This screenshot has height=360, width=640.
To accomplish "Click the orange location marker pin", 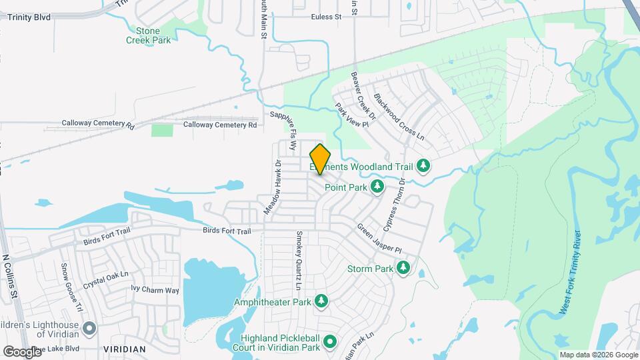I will (x=320, y=159).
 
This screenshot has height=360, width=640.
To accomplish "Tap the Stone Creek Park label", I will (x=149, y=35).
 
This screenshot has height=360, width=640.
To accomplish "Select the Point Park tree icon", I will (x=377, y=187).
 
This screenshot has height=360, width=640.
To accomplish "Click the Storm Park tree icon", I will (x=403, y=268).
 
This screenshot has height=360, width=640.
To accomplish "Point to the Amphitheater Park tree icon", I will (x=321, y=302).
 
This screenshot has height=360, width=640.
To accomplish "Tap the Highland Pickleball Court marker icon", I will (x=330, y=343).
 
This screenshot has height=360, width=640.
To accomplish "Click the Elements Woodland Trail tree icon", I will (x=423, y=165).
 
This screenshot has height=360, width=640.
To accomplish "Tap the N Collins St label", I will (x=15, y=280).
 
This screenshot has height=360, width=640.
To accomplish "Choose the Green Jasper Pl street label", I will (x=379, y=238).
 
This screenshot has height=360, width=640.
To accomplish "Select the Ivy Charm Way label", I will (x=155, y=290).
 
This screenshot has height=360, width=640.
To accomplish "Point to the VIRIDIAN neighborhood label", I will (x=124, y=349).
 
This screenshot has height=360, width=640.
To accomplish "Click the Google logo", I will (x=21, y=351).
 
